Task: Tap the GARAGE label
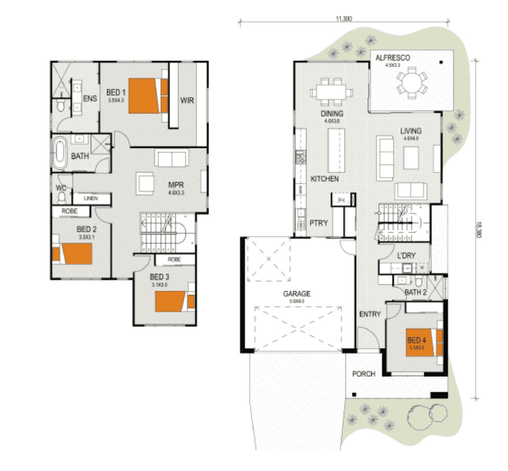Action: coord(296,293)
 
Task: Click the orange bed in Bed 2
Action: coord(72,254)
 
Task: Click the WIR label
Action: coord(187,100)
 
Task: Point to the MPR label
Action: coord(177,184)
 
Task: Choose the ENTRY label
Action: coord(371,314)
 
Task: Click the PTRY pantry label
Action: coord(318,222)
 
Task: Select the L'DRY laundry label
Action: coord(406,255)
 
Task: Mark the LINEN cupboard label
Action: coord(91,199)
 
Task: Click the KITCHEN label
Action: coord(324,179)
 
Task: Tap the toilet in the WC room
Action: coord(62,197)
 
